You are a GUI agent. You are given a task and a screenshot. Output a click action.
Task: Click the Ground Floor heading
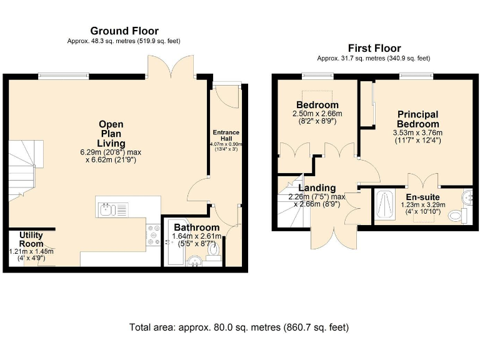click(124, 31)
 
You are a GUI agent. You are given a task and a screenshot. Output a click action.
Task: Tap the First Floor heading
click(374, 48)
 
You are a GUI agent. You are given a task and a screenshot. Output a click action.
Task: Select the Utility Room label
click(31, 239)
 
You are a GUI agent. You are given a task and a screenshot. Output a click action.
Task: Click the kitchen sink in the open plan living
click(112, 210)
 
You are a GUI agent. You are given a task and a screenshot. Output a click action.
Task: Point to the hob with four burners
click(153, 235)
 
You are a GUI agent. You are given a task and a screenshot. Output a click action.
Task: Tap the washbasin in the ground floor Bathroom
click(194, 261)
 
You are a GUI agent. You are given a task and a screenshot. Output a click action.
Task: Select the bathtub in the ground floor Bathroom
click(176, 242)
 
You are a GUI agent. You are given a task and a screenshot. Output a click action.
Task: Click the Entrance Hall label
click(226, 135)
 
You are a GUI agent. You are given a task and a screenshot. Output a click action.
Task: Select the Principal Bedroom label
click(418, 119)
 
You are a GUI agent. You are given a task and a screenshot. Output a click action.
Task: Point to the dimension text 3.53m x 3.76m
click(417, 133)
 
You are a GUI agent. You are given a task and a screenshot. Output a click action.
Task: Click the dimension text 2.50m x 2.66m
click(317, 114)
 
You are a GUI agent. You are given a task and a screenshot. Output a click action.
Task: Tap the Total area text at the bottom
click(239, 327)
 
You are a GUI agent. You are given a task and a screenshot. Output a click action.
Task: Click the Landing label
click(317, 187)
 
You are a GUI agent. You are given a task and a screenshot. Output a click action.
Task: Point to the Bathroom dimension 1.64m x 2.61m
click(196, 236)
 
